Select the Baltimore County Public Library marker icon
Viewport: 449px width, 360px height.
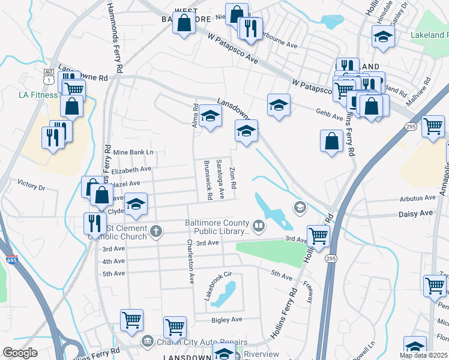pyautogui.click(x=259, y=226)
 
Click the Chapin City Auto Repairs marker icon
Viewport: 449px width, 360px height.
pyautogui.click(x=147, y=341)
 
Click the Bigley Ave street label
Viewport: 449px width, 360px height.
pyautogui.click(x=228, y=319)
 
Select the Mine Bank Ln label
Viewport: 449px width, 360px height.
pyautogui.click(x=133, y=152)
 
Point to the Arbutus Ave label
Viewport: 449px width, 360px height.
pyautogui.click(x=418, y=197)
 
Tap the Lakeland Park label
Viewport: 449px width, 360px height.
pyautogui.click(x=429, y=35)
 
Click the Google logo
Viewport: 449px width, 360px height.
pyautogui.click(x=20, y=353)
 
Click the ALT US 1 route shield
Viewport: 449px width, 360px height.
pyautogui.click(x=49, y=76)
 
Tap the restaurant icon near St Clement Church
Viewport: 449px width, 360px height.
pyautogui.click(x=95, y=223)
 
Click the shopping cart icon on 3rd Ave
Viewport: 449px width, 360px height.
pyautogui.click(x=318, y=235)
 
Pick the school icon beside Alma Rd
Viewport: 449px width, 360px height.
pyautogui.click(x=210, y=115)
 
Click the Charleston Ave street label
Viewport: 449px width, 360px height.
pyautogui.click(x=190, y=261)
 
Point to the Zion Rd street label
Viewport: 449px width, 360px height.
pyautogui.click(x=234, y=175)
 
